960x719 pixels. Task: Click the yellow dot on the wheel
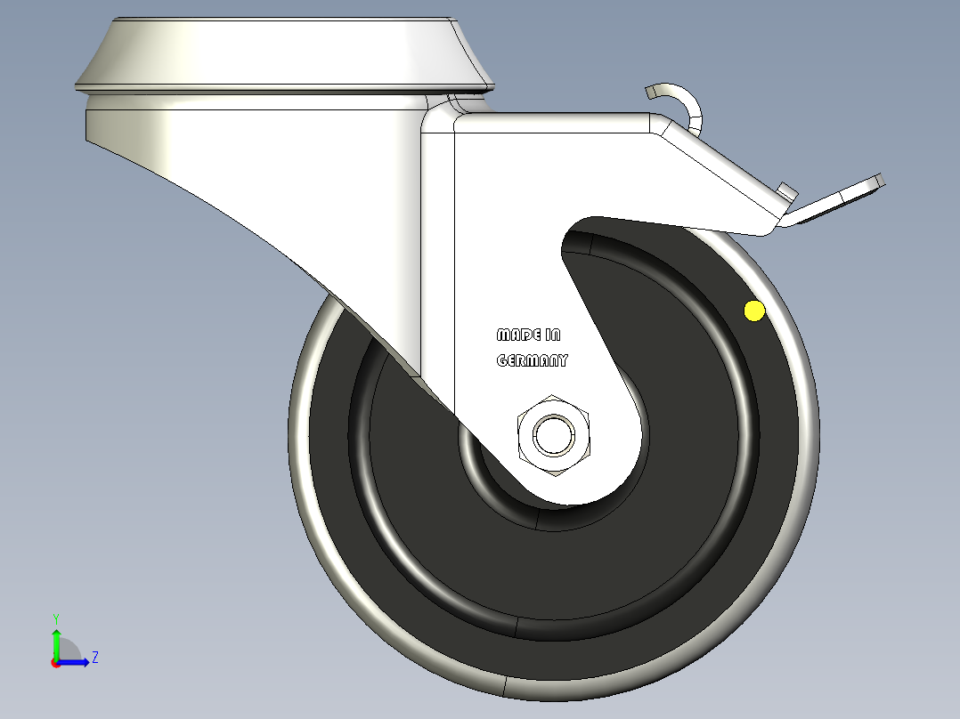pyautogui.click(x=754, y=311)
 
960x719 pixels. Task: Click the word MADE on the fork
pyautogui.click(x=517, y=335)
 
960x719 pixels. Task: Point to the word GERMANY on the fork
pyautogui.click(x=532, y=361)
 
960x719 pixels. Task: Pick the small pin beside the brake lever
pyautogui.click(x=786, y=190)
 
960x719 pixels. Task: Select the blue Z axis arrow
pyautogui.click(x=75, y=662)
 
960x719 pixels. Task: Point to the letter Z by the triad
pyautogui.click(x=94, y=658)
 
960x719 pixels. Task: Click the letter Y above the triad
pyautogui.click(x=56, y=618)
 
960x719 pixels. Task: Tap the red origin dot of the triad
pyautogui.click(x=55, y=663)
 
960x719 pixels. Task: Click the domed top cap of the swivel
pyautogui.click(x=276, y=49)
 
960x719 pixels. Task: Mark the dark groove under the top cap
pyautogui.click(x=285, y=89)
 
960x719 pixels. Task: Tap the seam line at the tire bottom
pyautogui.click(x=506, y=686)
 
